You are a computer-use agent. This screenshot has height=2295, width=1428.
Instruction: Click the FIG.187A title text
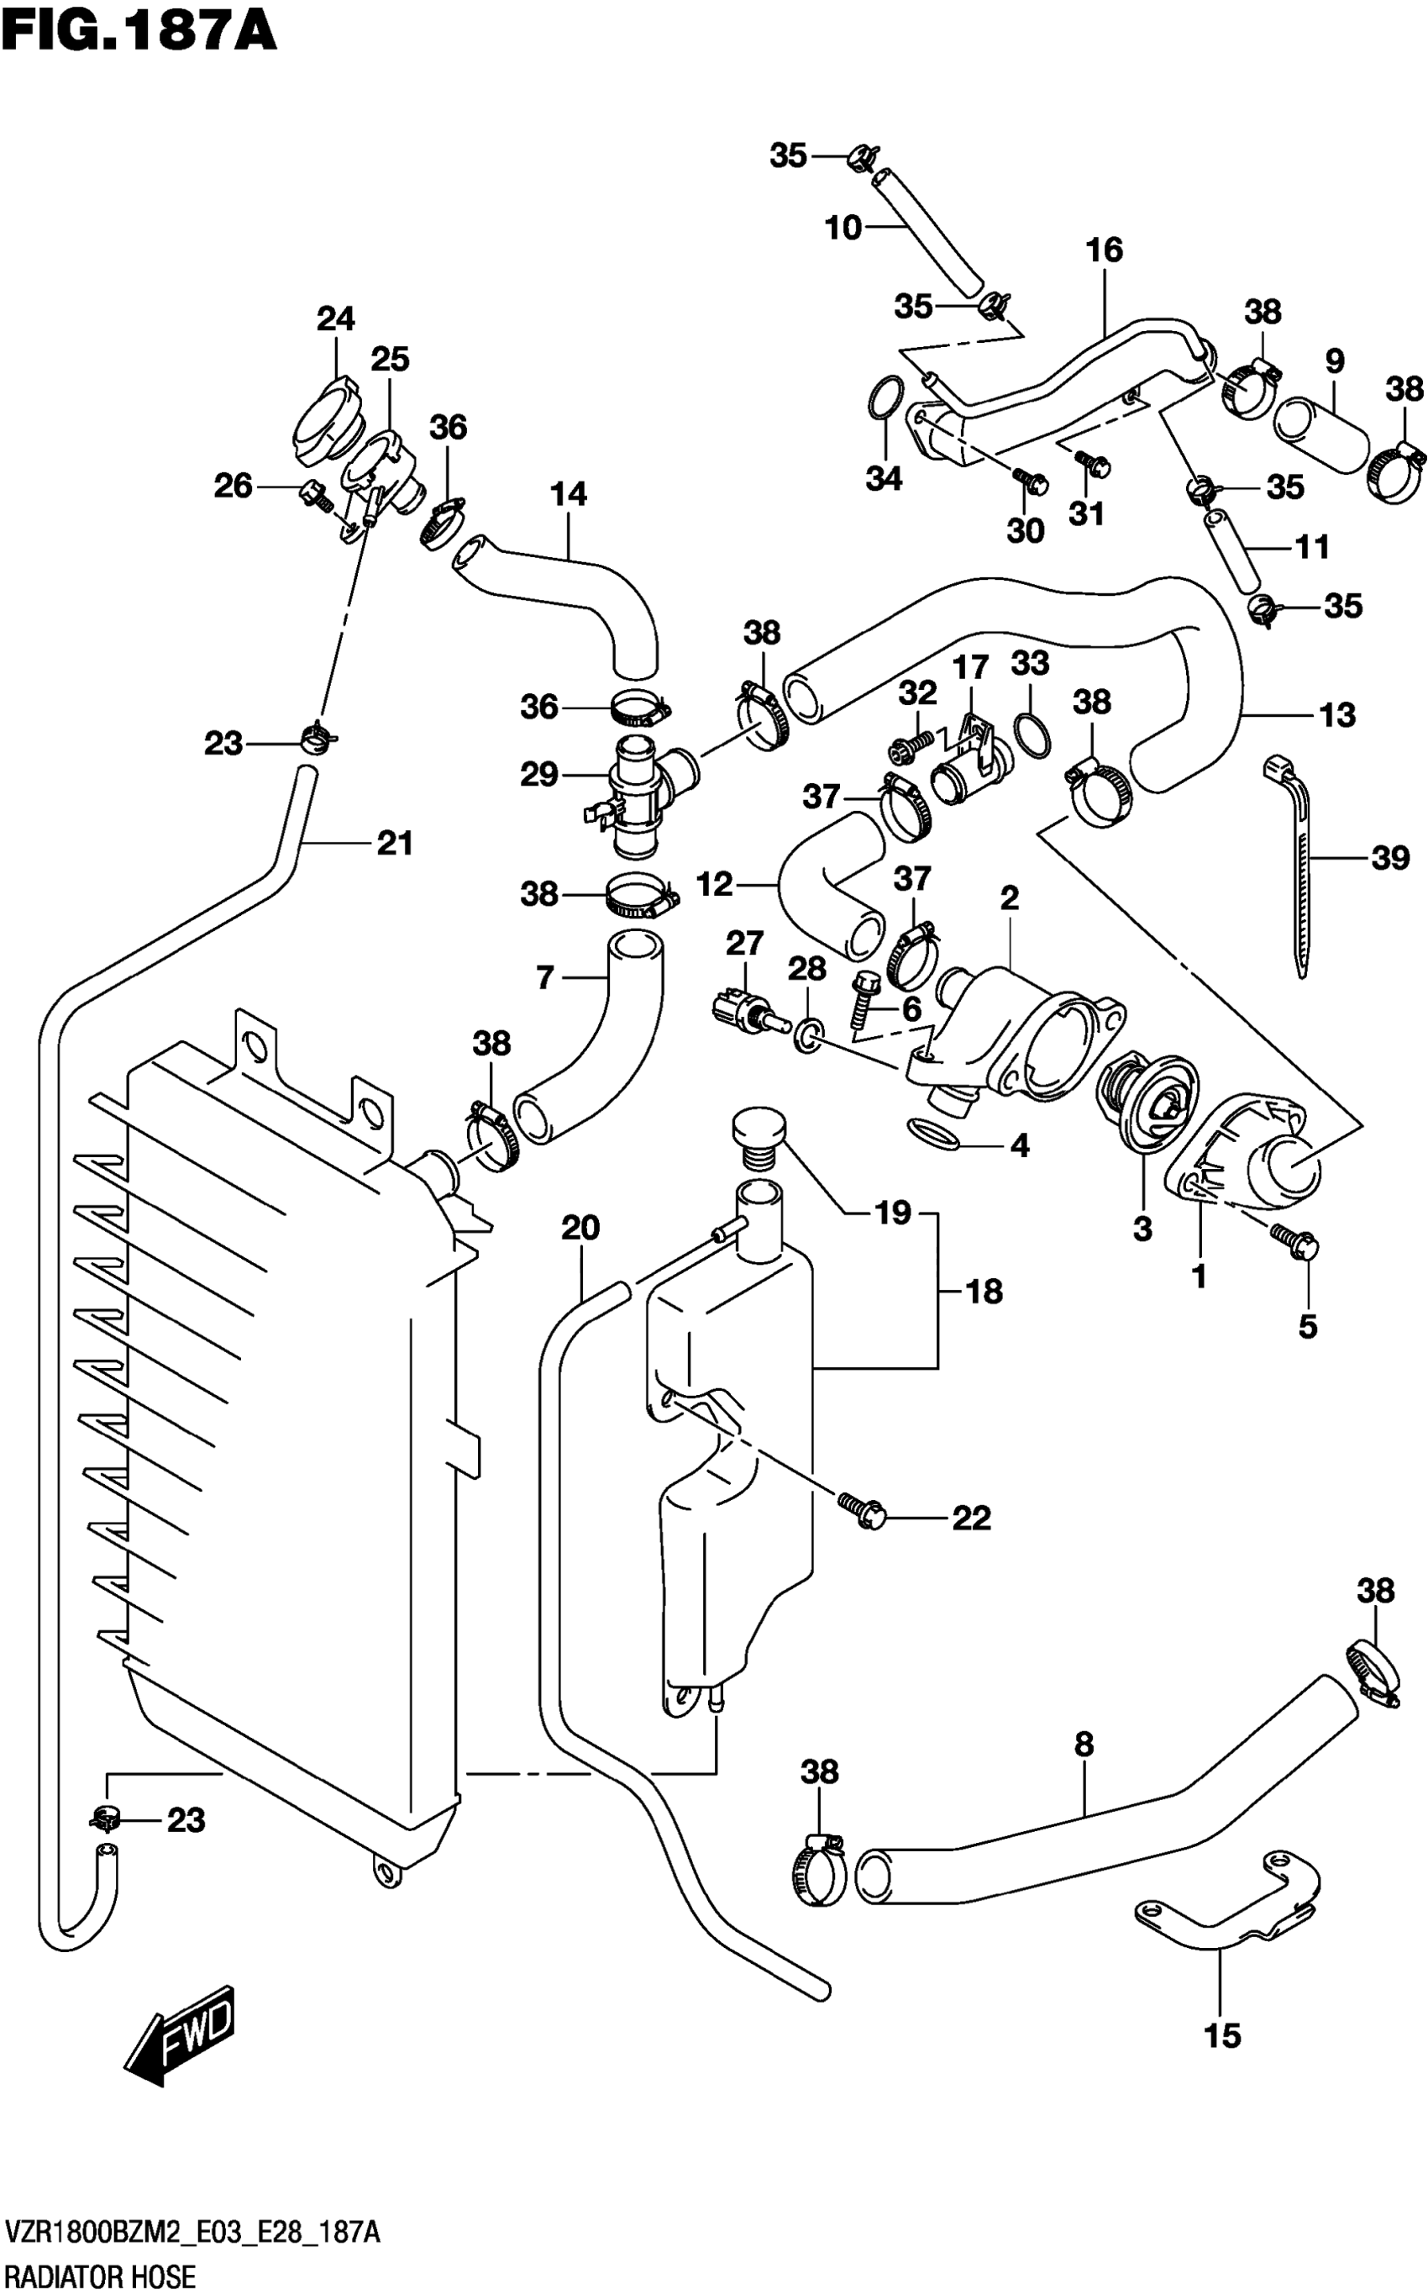[x=139, y=30]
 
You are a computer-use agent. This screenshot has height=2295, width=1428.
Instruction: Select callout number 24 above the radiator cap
[x=335, y=319]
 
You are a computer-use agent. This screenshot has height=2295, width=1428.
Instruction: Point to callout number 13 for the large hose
[x=1337, y=715]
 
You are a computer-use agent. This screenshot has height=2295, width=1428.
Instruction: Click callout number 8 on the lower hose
[x=1084, y=1745]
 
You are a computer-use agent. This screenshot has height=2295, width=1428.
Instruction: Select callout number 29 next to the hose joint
[x=539, y=775]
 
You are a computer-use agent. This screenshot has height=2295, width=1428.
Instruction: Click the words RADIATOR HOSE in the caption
[x=99, y=2277]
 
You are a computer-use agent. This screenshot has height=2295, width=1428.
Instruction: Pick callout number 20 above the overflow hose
[x=580, y=1229]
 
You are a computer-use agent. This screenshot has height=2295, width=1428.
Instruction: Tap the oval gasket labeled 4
[x=932, y=1133]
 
